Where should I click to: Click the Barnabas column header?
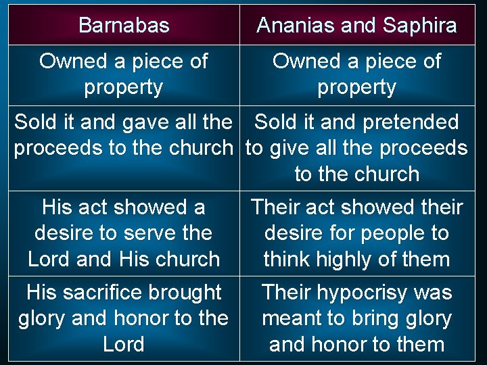(124, 26)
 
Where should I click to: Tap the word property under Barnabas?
(124, 87)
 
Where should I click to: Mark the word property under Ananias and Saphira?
(356, 87)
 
